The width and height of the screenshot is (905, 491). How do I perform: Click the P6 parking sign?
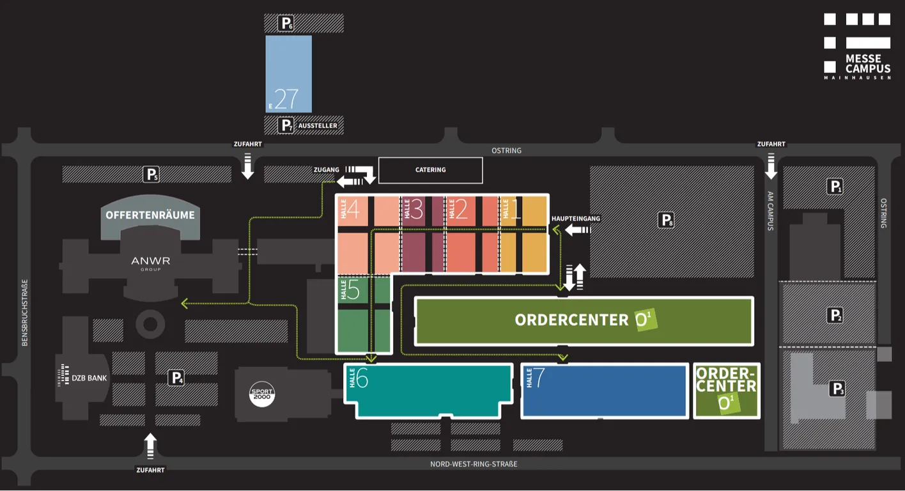[286, 23]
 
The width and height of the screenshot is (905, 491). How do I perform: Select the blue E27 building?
[288, 74]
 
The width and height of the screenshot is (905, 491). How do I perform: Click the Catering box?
[431, 170]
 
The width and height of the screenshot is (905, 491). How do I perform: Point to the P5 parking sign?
[151, 175]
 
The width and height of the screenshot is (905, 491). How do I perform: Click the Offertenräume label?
[150, 215]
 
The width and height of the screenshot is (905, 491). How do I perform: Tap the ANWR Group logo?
[151, 263]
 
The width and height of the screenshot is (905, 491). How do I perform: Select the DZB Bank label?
[83, 378]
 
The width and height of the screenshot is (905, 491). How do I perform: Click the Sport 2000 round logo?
[262, 394]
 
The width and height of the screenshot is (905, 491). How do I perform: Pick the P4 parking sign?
[176, 378]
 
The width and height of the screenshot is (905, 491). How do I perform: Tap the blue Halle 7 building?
[605, 391]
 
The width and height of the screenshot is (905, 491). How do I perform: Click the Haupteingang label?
[576, 219]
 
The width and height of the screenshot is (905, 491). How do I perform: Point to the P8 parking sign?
[666, 220]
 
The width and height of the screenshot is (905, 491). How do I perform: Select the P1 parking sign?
[835, 187]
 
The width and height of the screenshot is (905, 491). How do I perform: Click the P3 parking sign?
[837, 389]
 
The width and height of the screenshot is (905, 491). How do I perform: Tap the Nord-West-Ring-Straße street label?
[474, 464]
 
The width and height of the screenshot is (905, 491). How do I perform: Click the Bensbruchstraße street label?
[25, 313]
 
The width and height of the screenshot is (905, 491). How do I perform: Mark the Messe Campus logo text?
[868, 64]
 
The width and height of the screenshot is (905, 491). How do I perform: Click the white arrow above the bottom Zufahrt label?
[150, 446]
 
